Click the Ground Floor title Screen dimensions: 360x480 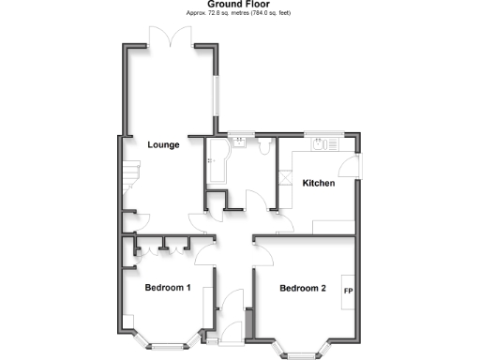239,5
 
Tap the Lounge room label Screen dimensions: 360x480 163,145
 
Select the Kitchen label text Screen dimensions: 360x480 318,184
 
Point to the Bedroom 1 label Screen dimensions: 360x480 168,288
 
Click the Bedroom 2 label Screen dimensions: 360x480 303,288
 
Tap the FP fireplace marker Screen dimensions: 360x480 348,290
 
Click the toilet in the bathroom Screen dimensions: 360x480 266,148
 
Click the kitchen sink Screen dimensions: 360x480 325,145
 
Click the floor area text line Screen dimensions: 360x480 239,14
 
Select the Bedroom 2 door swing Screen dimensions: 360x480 262,247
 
